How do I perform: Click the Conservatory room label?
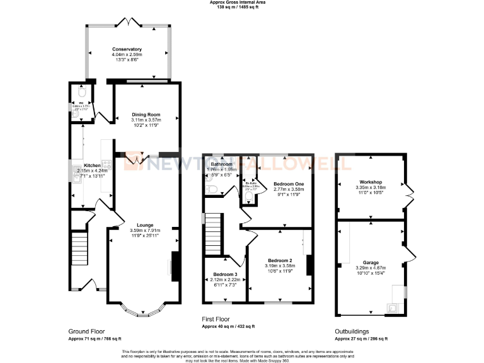click(x=127, y=49)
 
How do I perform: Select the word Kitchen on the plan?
click(x=84, y=164)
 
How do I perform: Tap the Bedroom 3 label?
click(x=225, y=275)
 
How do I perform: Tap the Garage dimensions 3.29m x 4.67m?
click(x=371, y=267)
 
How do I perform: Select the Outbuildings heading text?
click(x=352, y=331)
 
